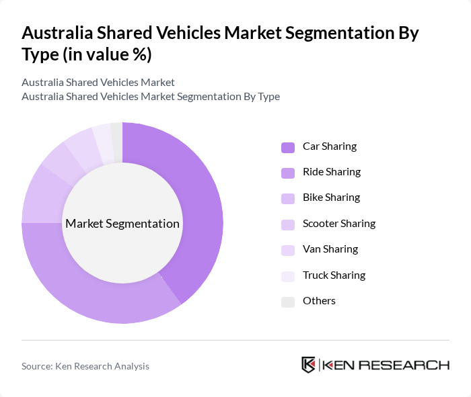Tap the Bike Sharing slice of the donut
pyautogui.click(x=40, y=195)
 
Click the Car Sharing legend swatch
pyautogui.click(x=288, y=146)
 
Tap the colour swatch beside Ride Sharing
pyautogui.click(x=288, y=172)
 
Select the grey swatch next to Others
pyautogui.click(x=288, y=301)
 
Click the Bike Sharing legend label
pyautogui.click(x=331, y=197)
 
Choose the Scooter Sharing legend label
pyautogui.click(x=338, y=223)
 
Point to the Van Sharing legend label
pyautogui.click(x=330, y=249)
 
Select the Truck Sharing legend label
pyautogui.click(x=334, y=275)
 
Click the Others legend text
pyautogui.click(x=319, y=301)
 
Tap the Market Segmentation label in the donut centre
pyautogui.click(x=122, y=224)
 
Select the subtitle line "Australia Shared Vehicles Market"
pyautogui.click(x=98, y=82)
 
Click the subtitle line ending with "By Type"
pyautogui.click(x=151, y=96)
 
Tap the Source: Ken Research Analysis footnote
pyautogui.click(x=85, y=366)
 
